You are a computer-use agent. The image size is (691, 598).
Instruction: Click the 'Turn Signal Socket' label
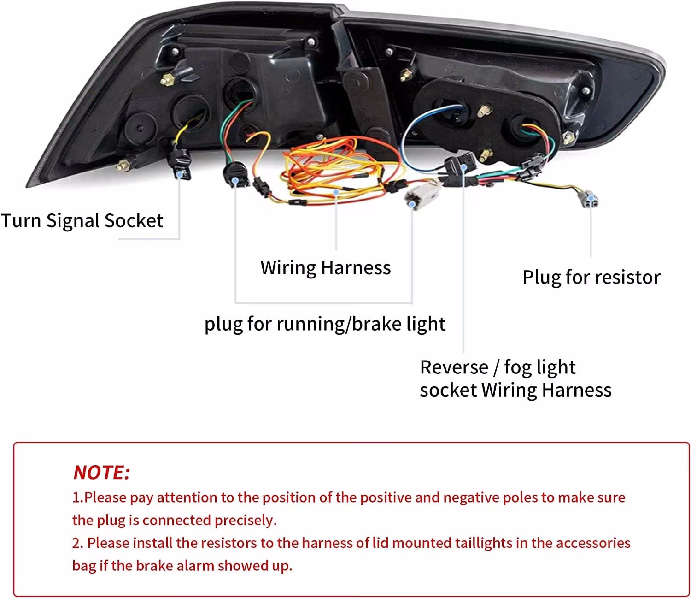pyautogui.click(x=82, y=221)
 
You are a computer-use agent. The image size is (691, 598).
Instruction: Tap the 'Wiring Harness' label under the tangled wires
pyautogui.click(x=325, y=268)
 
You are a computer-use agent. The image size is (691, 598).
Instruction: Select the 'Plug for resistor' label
pyautogui.click(x=591, y=277)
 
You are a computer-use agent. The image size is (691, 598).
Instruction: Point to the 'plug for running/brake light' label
pyautogui.click(x=325, y=324)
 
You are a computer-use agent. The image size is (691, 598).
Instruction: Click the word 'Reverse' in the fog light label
pyautogui.click(x=454, y=367)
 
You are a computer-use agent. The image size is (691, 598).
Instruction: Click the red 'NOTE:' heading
pyautogui.click(x=101, y=473)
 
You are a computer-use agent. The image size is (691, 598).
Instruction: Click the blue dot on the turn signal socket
pyautogui.click(x=180, y=174)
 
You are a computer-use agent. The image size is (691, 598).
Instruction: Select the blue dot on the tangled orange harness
pyautogui.click(x=336, y=192)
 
